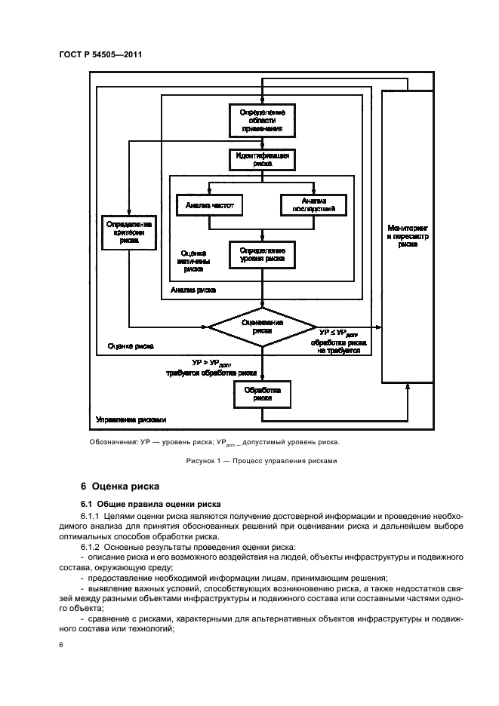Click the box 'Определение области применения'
pyautogui.click(x=261, y=121)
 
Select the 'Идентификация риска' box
pyautogui.click(x=261, y=159)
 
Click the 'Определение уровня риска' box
pyautogui.click(x=261, y=254)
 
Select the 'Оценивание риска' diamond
pyautogui.click(x=262, y=326)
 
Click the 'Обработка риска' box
pyautogui.click(x=261, y=394)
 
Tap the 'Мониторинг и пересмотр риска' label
pyautogui.click(x=408, y=235)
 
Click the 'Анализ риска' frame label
pyautogui.click(x=193, y=290)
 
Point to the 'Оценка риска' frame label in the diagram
pyautogui.click(x=131, y=347)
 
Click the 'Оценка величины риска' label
pyautogui.click(x=195, y=259)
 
